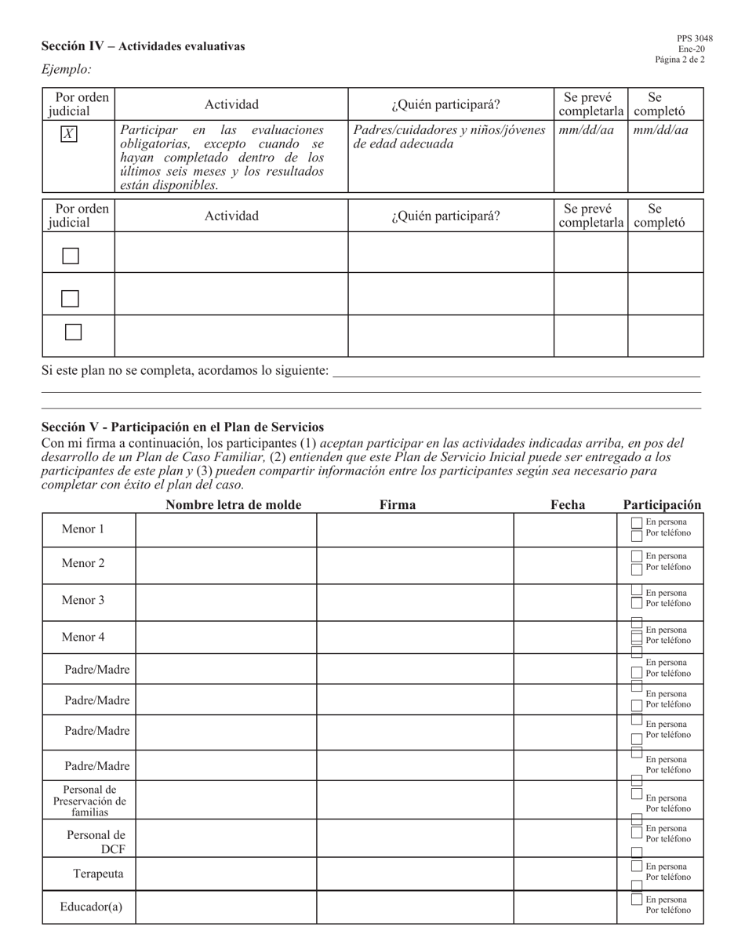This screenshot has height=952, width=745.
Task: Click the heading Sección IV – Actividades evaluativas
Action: (x=143, y=46)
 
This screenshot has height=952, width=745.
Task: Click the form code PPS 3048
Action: (x=695, y=38)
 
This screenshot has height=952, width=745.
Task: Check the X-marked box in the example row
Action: (x=69, y=134)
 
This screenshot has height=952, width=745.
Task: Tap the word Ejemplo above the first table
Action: (x=66, y=70)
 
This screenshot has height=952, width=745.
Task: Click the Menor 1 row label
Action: (x=83, y=529)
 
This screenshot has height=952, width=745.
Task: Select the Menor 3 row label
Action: (x=83, y=601)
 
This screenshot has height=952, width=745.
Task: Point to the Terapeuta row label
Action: (x=98, y=874)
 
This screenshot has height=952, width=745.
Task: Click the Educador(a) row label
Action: (x=91, y=907)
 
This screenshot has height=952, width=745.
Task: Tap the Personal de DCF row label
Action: (x=96, y=841)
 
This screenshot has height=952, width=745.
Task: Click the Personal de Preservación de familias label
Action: (x=89, y=801)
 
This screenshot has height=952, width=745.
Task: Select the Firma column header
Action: (x=398, y=505)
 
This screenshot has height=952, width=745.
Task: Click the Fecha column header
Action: (x=568, y=505)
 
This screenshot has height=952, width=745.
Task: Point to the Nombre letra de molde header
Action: (x=233, y=505)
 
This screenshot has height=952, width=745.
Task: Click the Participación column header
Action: (x=662, y=505)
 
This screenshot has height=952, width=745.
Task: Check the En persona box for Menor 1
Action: (x=637, y=523)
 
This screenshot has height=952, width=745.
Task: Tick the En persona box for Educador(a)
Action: (x=637, y=899)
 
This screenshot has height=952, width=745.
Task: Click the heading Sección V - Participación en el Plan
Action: (x=183, y=427)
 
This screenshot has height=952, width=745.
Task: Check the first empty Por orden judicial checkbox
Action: (x=71, y=256)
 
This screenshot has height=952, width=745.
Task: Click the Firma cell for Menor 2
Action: (x=415, y=565)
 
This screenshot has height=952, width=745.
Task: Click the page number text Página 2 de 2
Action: (x=680, y=60)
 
